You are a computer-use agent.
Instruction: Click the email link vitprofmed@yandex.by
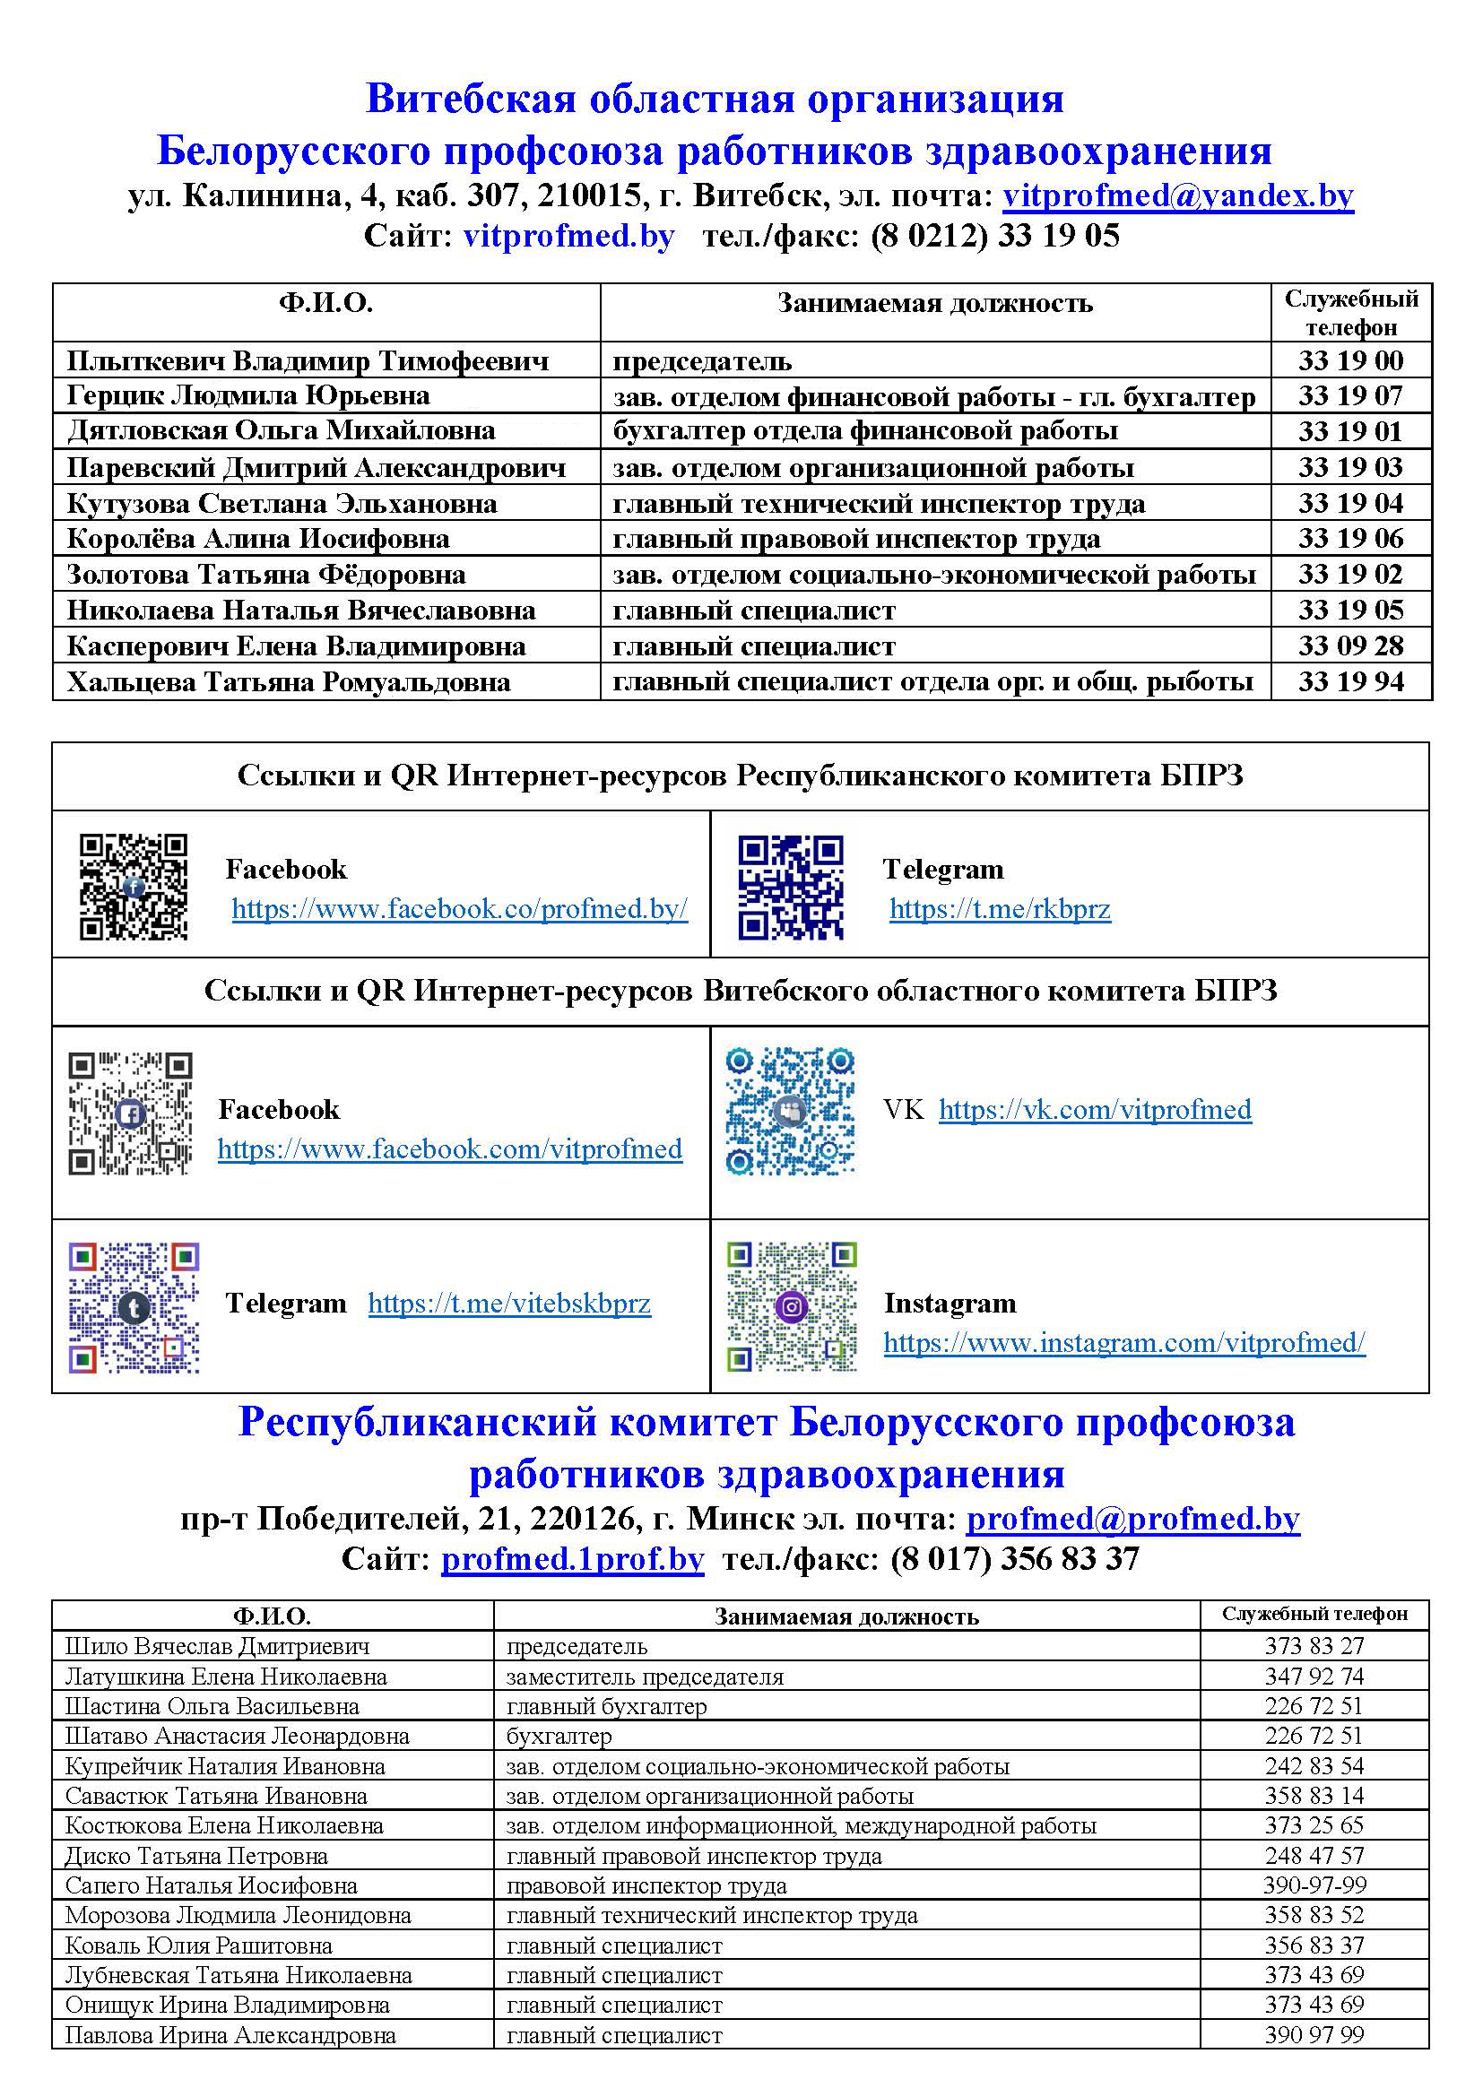1177,196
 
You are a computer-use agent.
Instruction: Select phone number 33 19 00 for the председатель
1349,360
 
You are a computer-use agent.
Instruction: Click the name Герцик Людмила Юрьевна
247,396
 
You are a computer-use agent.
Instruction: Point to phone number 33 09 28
1349,646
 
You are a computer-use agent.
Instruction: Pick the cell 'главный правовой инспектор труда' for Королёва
855,540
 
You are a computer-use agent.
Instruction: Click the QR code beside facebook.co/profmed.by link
134,886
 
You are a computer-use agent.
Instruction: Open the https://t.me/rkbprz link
999,909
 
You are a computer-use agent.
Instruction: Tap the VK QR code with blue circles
790,1111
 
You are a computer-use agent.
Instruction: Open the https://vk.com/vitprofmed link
1094,1110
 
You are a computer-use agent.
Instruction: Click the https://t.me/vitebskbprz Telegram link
508,1304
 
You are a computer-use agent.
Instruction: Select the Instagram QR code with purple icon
791,1306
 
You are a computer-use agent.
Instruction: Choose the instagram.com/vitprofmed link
1123,1343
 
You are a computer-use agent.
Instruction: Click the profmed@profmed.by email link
1132,1519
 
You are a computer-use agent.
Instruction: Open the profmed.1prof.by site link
572,1559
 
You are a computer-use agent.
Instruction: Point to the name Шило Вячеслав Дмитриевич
217,1647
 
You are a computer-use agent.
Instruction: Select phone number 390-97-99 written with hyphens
1314,1885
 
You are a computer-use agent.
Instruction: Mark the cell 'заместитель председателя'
645,1677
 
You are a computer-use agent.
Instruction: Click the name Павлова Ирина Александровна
230,2036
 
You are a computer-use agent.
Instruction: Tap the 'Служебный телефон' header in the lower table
1314,1615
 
